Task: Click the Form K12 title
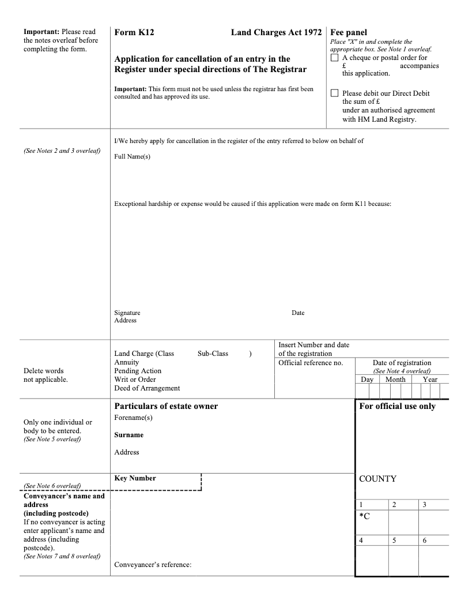click(x=134, y=33)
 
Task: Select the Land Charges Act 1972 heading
click(x=276, y=33)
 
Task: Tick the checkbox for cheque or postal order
click(x=335, y=58)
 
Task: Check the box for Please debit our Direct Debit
click(x=335, y=93)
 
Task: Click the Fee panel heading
click(x=349, y=33)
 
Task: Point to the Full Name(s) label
click(x=132, y=157)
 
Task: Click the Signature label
click(x=127, y=313)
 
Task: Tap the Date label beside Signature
click(x=298, y=313)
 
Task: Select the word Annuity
click(x=127, y=362)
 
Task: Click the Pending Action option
click(x=138, y=371)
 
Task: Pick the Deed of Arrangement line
click(x=147, y=388)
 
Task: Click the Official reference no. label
click(x=311, y=363)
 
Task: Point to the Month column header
click(x=395, y=380)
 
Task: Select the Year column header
click(x=430, y=380)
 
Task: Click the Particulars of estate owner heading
click(x=166, y=406)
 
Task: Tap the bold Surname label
click(x=129, y=435)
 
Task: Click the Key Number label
click(x=135, y=478)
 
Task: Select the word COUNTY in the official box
click(x=377, y=479)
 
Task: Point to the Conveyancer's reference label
click(x=153, y=565)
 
